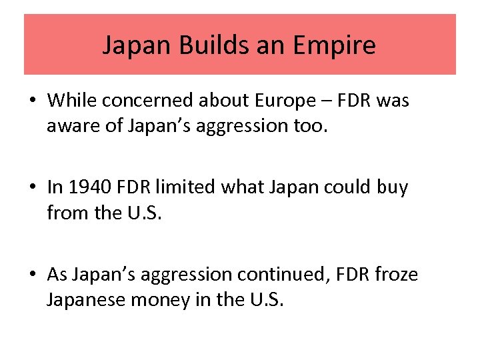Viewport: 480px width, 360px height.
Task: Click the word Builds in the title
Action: [x=193, y=45]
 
